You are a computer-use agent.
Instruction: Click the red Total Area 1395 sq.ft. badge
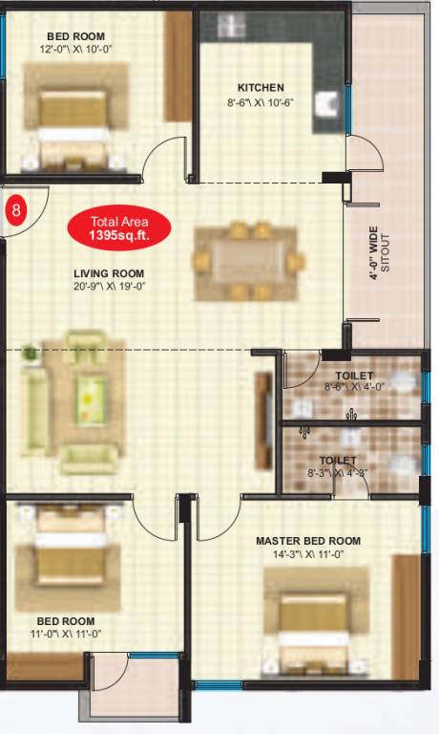119,227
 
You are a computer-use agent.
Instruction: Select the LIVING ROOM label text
109,274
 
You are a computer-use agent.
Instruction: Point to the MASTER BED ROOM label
307,541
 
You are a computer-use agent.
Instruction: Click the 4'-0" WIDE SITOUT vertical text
379,250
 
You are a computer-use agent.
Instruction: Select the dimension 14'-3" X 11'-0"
308,554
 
